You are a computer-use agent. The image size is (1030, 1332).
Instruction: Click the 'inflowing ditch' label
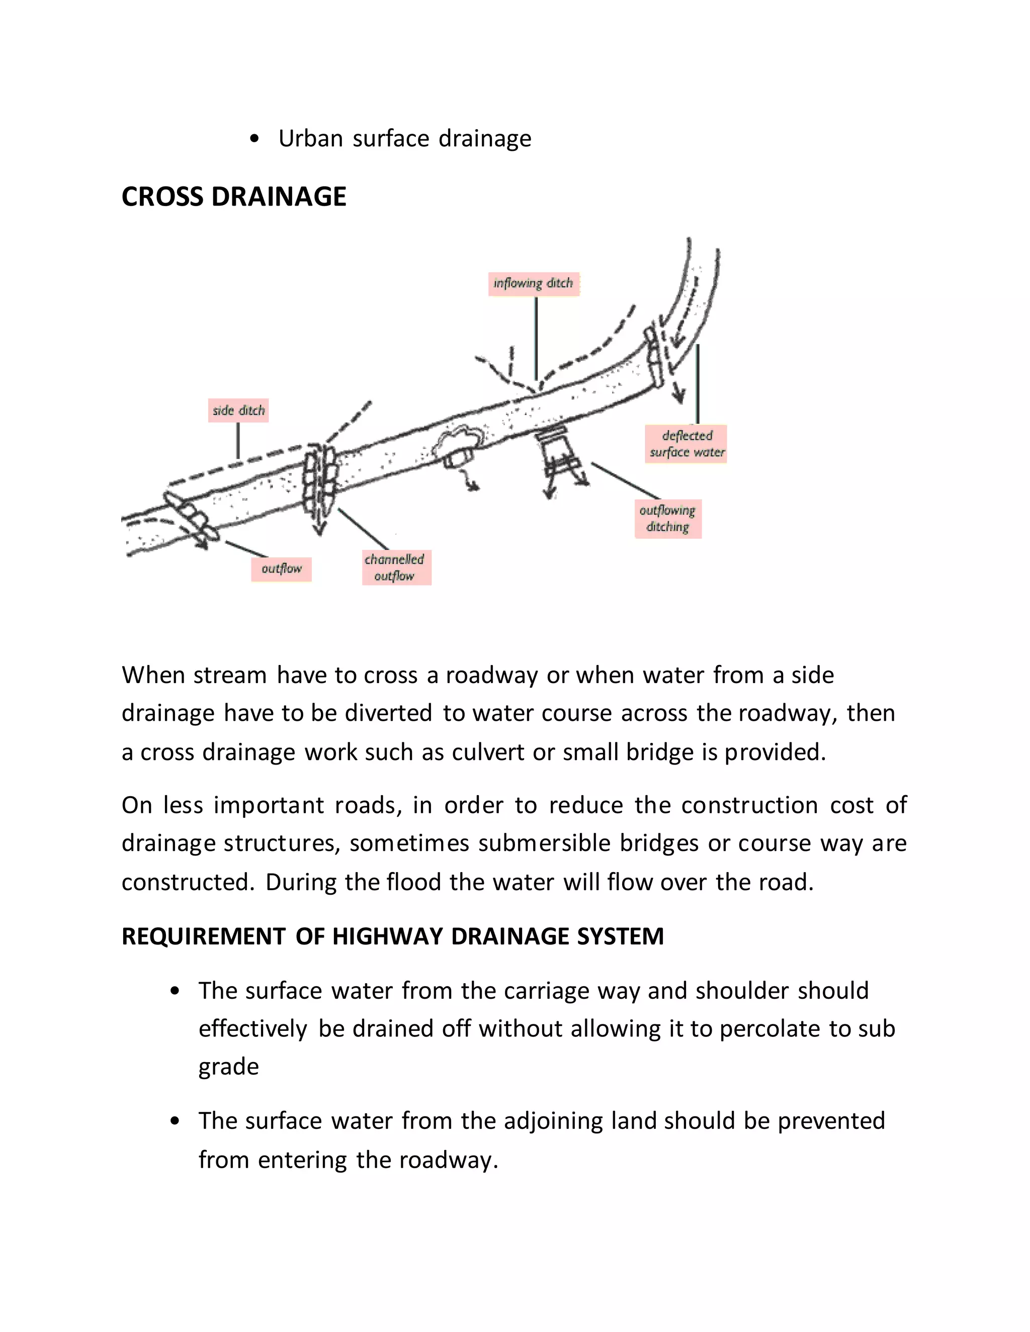click(x=533, y=283)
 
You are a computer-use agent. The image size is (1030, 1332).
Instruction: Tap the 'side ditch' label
click(x=238, y=411)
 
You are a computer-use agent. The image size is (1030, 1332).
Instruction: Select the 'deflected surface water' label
click(x=686, y=444)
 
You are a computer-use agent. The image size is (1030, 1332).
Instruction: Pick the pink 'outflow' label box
click(x=281, y=569)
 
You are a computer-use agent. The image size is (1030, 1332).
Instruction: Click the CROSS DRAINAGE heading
click(x=234, y=197)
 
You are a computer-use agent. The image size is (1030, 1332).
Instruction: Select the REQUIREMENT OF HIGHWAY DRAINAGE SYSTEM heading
click(x=392, y=936)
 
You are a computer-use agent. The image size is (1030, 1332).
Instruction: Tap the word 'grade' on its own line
click(x=228, y=1067)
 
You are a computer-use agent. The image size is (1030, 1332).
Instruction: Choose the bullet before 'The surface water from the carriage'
click(x=175, y=991)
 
